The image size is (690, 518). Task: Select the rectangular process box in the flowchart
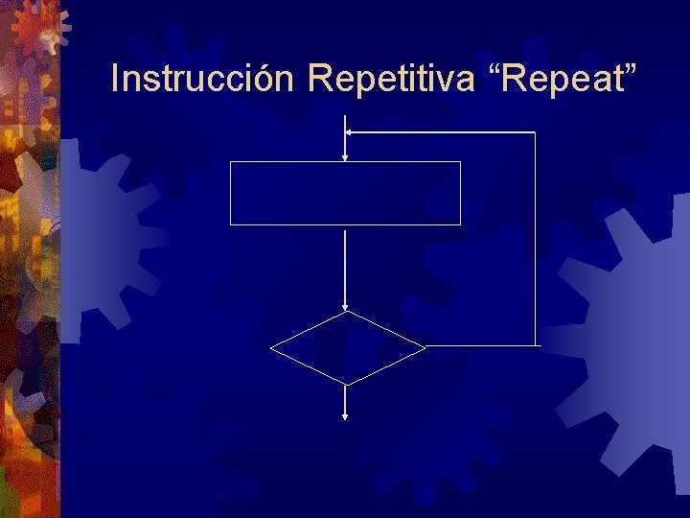click(x=345, y=193)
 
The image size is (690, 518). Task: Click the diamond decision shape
click(x=347, y=347)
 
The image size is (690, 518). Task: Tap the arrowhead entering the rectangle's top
click(x=345, y=155)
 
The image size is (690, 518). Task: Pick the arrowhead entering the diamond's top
click(x=345, y=305)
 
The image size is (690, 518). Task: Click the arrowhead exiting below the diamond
click(x=345, y=415)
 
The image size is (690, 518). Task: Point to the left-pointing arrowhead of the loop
click(x=351, y=131)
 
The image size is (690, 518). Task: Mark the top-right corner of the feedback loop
click(x=535, y=132)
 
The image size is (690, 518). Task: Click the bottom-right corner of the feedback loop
click(x=535, y=344)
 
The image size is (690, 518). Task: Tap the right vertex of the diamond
click(x=424, y=345)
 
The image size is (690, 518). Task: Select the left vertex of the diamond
click(x=271, y=347)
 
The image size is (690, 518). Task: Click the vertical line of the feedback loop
click(x=535, y=240)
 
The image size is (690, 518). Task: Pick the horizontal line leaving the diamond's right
click(x=479, y=345)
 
